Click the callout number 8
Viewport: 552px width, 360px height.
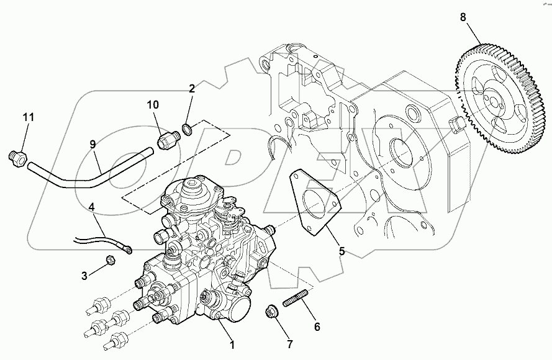[x=463, y=17]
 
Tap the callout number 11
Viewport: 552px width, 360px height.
[x=29, y=117]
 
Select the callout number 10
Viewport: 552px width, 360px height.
[x=153, y=105]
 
